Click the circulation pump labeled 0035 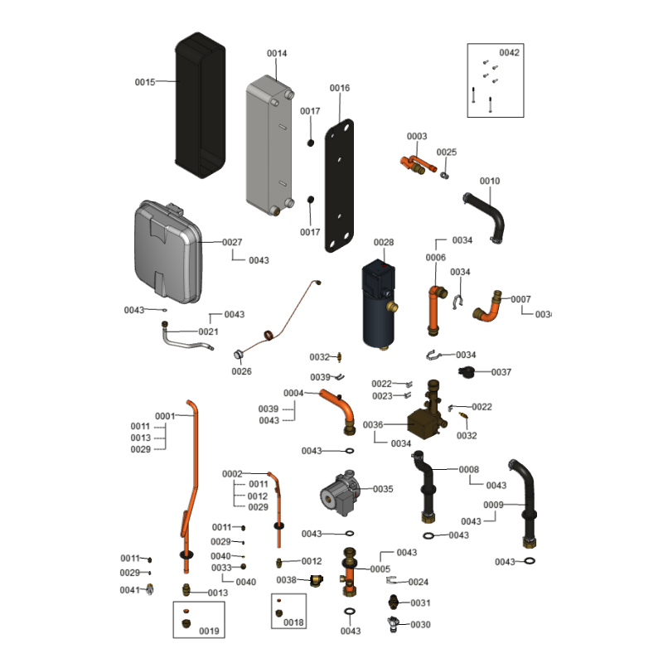click(341, 496)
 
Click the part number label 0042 click(509, 52)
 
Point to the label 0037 click(501, 372)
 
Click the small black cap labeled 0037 click(467, 371)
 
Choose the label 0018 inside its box click(293, 622)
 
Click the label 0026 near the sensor click(241, 371)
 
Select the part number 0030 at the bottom click(420, 624)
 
